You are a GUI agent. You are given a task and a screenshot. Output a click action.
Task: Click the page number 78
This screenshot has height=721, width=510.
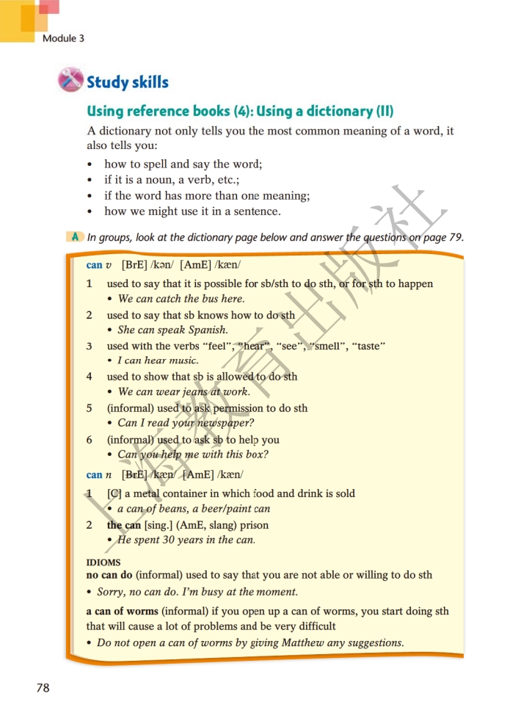(x=43, y=688)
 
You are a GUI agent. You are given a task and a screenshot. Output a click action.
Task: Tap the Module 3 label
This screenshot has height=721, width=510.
(x=63, y=38)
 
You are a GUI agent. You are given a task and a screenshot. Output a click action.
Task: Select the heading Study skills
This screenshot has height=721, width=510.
(x=128, y=82)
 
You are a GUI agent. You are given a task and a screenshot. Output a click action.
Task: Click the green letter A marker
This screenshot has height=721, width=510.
(x=75, y=236)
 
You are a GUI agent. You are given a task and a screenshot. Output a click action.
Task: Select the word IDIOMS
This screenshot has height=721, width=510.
(x=103, y=562)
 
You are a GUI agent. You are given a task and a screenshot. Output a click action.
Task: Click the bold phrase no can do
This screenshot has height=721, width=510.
(x=109, y=576)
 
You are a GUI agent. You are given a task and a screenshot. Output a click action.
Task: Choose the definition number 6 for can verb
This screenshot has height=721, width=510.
(x=90, y=440)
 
